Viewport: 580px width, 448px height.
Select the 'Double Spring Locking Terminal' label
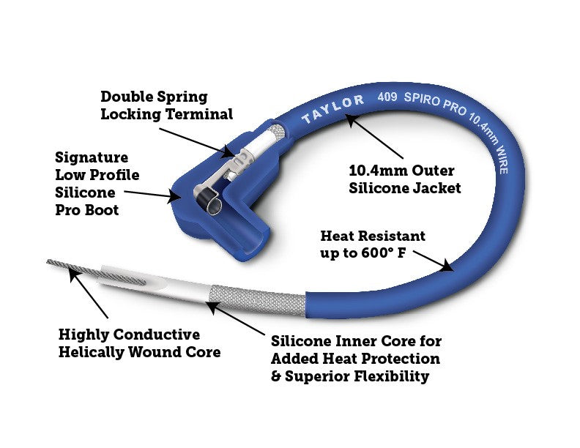[x=166, y=105]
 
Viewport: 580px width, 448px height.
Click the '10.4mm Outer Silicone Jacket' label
[x=404, y=179]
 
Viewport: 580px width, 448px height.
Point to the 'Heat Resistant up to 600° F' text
[x=373, y=244]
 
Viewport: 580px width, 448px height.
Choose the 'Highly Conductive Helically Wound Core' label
[x=140, y=343]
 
